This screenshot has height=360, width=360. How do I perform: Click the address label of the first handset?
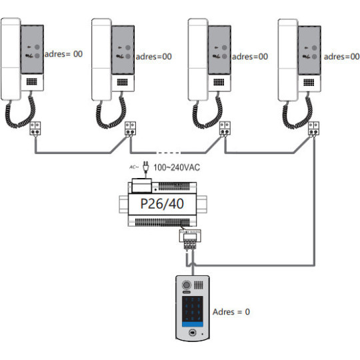(x=63, y=54)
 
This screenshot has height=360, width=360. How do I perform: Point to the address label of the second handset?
(x=153, y=57)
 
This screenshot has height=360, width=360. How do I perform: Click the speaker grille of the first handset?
(x=32, y=82)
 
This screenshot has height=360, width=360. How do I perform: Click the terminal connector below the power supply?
(x=190, y=236)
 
